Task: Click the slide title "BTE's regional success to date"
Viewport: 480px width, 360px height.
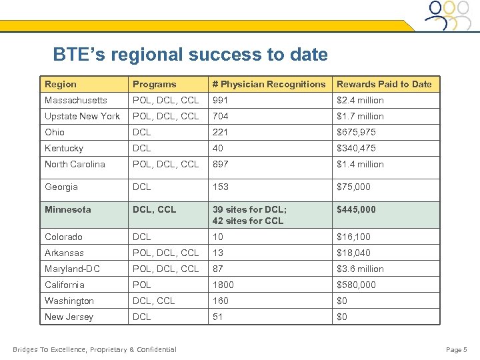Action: click(190, 54)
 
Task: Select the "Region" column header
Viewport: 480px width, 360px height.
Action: click(61, 84)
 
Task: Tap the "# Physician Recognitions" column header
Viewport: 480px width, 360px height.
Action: click(269, 84)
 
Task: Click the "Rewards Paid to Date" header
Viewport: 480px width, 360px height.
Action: click(384, 84)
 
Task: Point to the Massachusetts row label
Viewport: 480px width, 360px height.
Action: click(75, 100)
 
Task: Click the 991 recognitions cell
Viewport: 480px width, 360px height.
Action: click(221, 100)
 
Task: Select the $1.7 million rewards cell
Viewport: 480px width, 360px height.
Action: click(360, 116)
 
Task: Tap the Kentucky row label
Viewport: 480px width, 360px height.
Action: click(63, 148)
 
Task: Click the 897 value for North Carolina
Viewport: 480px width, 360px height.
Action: click(221, 164)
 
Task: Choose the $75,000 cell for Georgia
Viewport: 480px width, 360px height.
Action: click(353, 187)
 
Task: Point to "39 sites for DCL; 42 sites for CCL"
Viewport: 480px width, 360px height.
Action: click(249, 215)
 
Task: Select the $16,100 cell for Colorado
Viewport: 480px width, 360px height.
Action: click(353, 237)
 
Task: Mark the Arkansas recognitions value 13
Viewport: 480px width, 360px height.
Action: click(218, 253)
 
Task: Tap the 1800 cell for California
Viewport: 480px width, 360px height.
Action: click(223, 285)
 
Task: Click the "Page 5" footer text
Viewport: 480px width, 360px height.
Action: click(457, 349)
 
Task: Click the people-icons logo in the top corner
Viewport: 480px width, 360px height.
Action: click(449, 15)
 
